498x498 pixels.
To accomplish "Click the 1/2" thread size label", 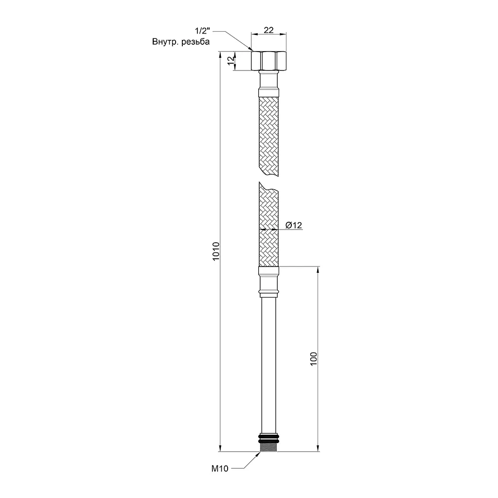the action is point(202,31).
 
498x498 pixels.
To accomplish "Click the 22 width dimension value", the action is point(268,30).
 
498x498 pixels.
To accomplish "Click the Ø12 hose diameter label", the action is point(293,225).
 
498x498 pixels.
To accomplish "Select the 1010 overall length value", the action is point(216,251).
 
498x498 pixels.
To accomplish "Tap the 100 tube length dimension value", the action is point(314,359).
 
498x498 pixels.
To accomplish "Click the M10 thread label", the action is point(220,468).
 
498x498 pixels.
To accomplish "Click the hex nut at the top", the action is point(268,61).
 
